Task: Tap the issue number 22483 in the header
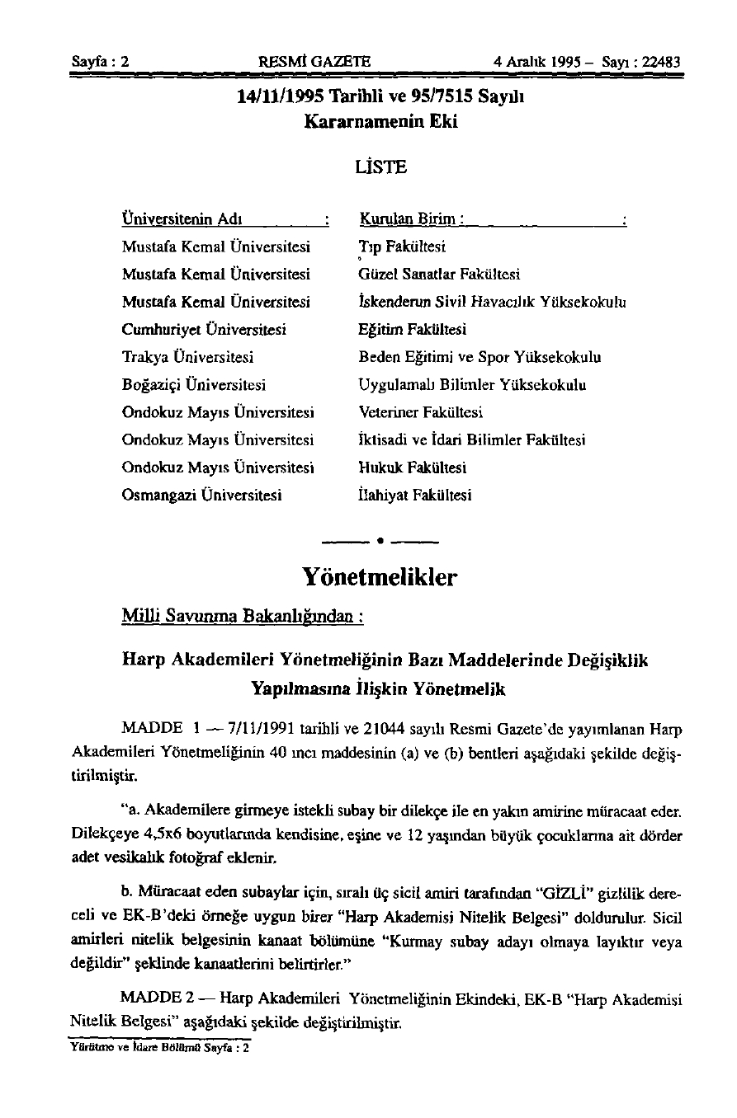[657, 61]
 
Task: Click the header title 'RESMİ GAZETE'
[314, 61]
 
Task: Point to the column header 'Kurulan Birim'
[410, 220]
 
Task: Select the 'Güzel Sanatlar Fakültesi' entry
[439, 274]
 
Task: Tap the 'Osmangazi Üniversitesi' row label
[202, 496]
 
